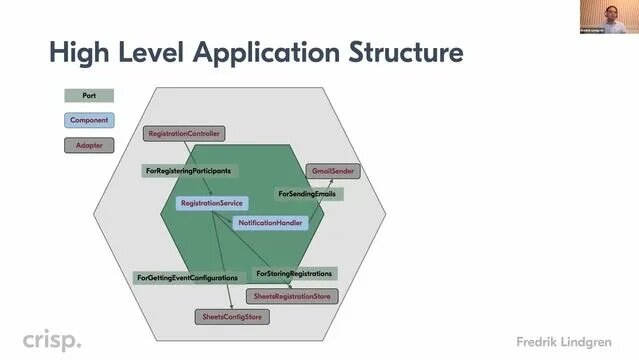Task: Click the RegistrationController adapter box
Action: (x=184, y=133)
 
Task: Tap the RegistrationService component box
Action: (x=211, y=203)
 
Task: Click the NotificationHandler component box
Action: (x=270, y=222)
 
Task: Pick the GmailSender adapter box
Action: (x=331, y=171)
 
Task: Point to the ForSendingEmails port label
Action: (x=307, y=192)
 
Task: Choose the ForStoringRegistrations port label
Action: (x=294, y=273)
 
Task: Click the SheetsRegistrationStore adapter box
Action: (x=292, y=296)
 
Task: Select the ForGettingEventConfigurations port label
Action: (x=187, y=277)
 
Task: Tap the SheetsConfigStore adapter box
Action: (x=232, y=316)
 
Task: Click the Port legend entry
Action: (x=89, y=96)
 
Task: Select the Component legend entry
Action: (x=89, y=120)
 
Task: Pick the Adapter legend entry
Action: (x=89, y=145)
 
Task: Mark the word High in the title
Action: (x=79, y=52)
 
